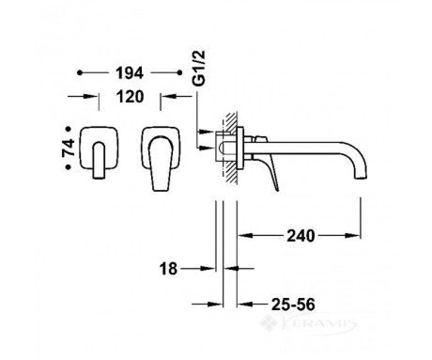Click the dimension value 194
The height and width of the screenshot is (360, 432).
tap(130, 73)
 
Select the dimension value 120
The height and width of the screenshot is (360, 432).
tap(131, 97)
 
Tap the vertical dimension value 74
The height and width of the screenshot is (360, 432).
tap(69, 148)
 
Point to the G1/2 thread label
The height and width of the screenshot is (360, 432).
tap(199, 68)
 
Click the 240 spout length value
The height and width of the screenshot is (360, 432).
tap(301, 236)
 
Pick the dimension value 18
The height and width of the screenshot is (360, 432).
tap(168, 269)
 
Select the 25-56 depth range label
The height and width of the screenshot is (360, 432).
tap(293, 305)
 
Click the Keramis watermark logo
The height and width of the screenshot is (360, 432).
tap(308, 323)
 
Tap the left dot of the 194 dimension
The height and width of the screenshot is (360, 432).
tap(80, 72)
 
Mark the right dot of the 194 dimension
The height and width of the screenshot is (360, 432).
tap(179, 72)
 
